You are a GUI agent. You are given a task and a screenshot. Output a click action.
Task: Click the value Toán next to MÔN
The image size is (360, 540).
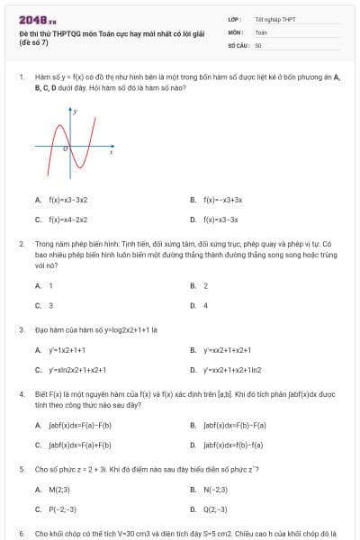coord(261,31)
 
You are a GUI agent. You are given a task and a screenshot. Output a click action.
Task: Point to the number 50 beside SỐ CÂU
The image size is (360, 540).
coord(258,43)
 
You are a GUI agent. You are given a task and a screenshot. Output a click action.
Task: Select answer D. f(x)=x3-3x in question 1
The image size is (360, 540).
coord(220,219)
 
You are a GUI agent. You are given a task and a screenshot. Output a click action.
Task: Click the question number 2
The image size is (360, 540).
coord(21,243)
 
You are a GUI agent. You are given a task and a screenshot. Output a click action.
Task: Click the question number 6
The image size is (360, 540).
coord(21,533)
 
